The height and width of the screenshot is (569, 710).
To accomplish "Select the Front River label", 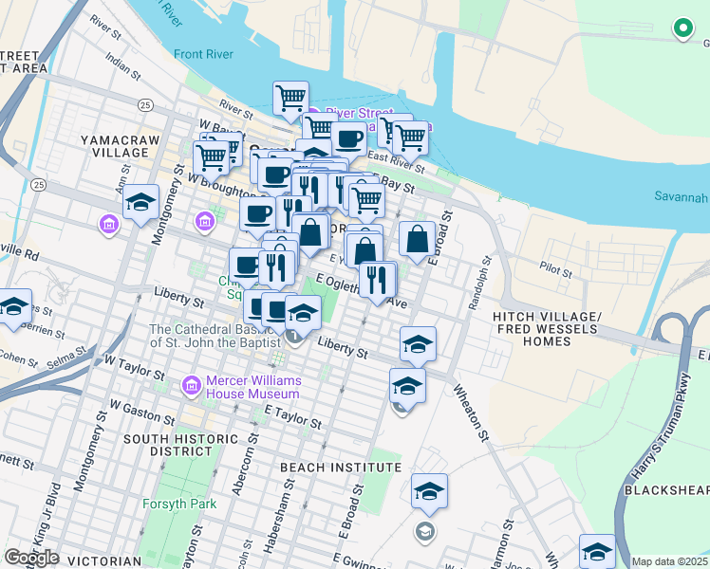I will pyautogui.click(x=204, y=55).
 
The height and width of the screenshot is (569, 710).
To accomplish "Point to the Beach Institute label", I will pyautogui.click(x=327, y=468).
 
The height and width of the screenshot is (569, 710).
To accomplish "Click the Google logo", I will pyautogui.click(x=31, y=558).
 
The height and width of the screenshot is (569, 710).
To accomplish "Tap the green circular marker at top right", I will pyautogui.click(x=682, y=28).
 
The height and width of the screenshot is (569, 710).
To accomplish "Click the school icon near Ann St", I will pyautogui.click(x=140, y=202).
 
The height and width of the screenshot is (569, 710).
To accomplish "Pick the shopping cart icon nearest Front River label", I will pyautogui.click(x=290, y=97).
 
